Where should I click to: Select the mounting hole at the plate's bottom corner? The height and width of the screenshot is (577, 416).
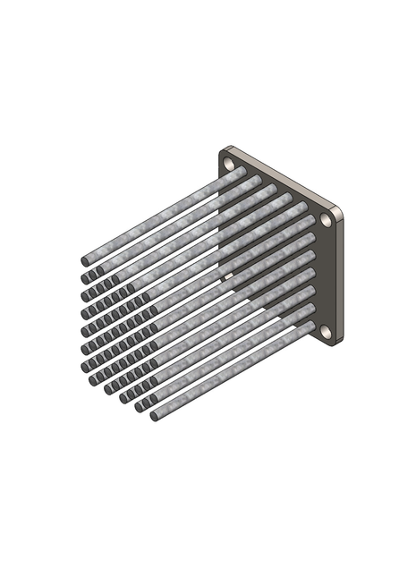point(327,331)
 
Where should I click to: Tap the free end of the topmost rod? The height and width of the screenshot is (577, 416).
point(85,261)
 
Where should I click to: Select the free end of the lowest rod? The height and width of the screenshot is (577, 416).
point(154,417)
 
